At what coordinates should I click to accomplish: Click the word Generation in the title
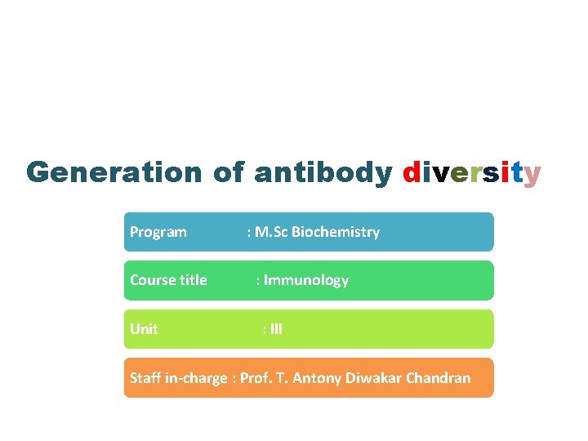[114, 172]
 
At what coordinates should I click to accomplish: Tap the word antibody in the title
[323, 172]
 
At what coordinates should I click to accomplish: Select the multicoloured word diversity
[471, 172]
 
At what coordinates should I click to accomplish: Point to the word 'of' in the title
[228, 172]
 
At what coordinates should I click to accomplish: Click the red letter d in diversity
[412, 172]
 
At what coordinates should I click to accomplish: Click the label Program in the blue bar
[158, 232]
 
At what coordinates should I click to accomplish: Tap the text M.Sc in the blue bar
[271, 232]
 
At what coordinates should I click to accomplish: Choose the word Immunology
[306, 280]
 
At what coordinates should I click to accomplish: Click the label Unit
[144, 329]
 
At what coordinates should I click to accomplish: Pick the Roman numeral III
[276, 329]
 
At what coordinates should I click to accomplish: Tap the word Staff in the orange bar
[146, 378]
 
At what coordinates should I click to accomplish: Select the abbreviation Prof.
[257, 378]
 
